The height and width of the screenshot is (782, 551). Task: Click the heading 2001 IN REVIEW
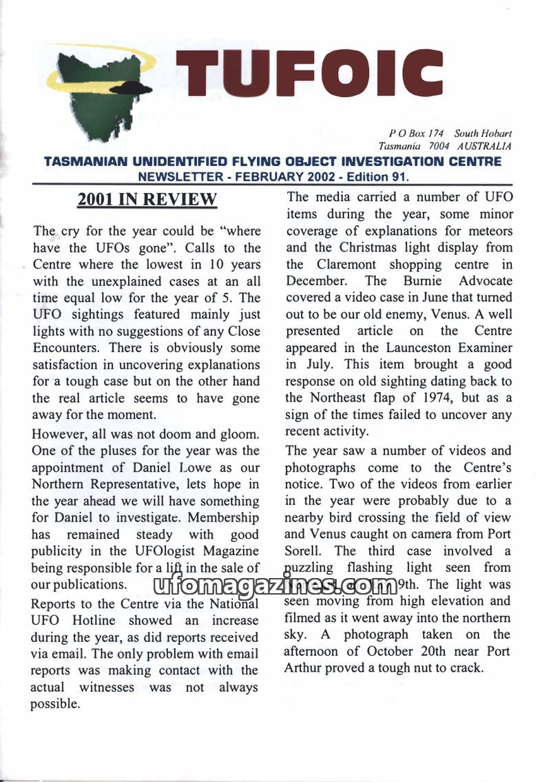147,200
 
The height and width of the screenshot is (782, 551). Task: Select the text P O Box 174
417,133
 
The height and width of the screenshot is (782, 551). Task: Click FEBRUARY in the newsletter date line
269,176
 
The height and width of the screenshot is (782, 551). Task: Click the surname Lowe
201,467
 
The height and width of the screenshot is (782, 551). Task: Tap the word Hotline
90,621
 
